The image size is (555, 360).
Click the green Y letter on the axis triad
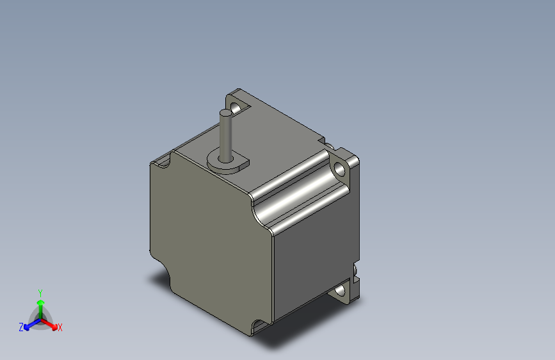[x=40, y=291]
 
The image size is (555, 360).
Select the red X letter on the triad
[x=60, y=328]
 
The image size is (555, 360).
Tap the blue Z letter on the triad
[x=21, y=327]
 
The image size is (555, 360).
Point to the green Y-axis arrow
[x=40, y=302]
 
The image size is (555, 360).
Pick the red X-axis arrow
[x=51, y=323]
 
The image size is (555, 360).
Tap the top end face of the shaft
[x=227, y=113]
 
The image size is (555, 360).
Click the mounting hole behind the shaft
[x=238, y=105]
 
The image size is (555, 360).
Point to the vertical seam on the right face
[x=274, y=275]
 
